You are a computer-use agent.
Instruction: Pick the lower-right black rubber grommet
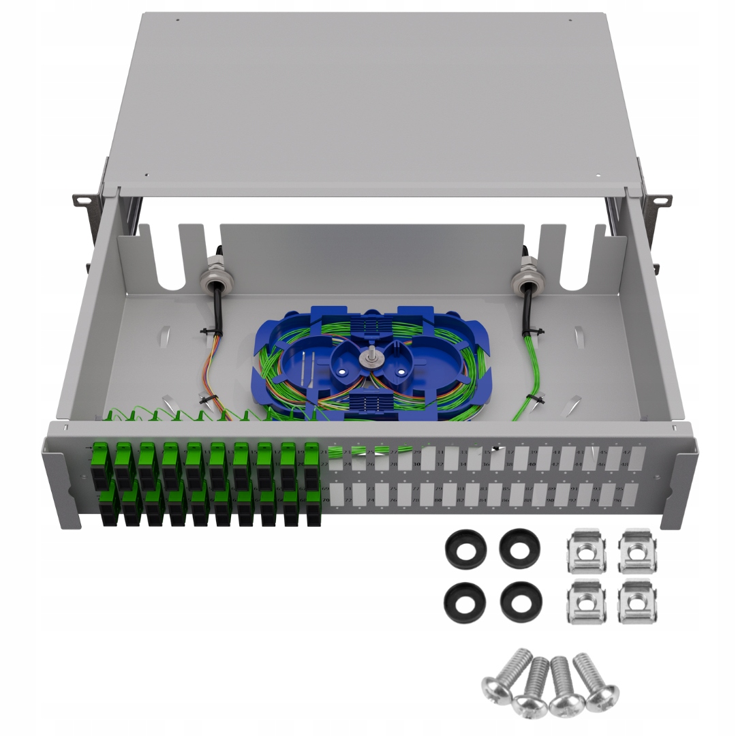point(521,600)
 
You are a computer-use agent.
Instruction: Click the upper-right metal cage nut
point(638,551)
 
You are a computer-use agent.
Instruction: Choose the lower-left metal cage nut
point(586,601)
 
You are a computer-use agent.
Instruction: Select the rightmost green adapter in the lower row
point(313,507)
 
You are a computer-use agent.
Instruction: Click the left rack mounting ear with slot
point(83,199)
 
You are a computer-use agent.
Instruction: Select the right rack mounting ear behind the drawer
point(657,200)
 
